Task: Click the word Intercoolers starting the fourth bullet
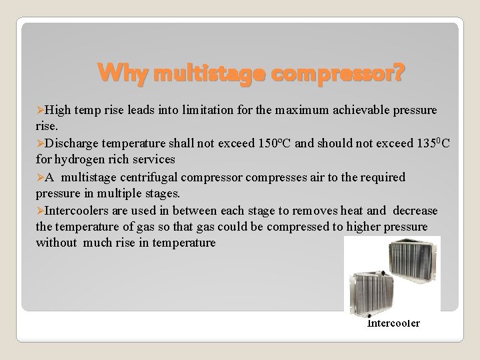[x=75, y=211]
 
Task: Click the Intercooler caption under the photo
[x=393, y=323]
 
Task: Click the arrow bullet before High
[x=39, y=109]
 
